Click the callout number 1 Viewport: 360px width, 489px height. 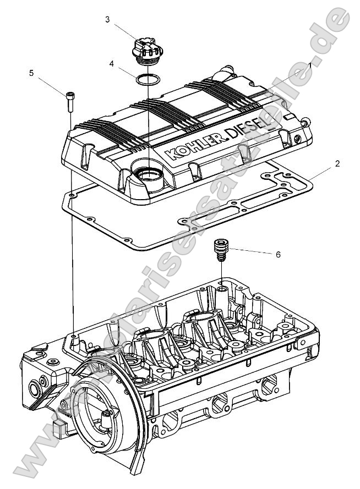coord(310,65)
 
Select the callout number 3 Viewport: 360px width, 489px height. coord(107,19)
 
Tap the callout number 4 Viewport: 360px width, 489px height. coord(112,63)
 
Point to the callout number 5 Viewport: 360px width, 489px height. coord(31,72)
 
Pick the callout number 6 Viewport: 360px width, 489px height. coord(279,255)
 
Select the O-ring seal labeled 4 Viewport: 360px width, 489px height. coord(148,80)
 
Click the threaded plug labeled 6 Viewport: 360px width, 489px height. coord(221,250)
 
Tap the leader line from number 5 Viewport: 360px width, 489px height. coord(52,85)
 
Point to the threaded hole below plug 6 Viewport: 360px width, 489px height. coord(221,288)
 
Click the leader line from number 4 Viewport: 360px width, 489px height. coord(126,70)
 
